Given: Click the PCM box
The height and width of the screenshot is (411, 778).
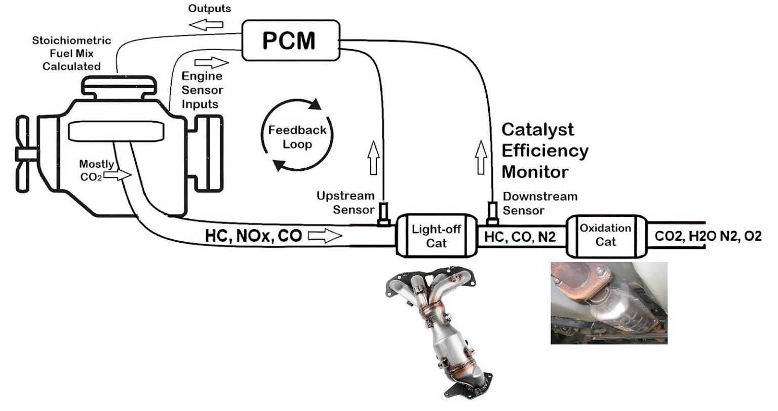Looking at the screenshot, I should tap(290, 41).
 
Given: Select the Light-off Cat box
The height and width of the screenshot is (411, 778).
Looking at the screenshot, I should tap(436, 236).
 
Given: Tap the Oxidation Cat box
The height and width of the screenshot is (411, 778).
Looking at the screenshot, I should tap(605, 235).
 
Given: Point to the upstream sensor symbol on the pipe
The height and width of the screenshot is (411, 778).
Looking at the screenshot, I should tap(383, 214).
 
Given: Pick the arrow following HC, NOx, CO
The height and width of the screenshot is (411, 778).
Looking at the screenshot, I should tap(325, 236).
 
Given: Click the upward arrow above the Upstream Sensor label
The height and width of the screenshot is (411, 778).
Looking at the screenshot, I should tap(373, 157).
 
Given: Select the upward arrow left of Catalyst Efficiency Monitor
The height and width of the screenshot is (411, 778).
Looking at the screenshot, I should tap(481, 157).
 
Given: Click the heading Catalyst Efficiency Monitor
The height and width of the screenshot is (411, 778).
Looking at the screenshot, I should tap(544, 151).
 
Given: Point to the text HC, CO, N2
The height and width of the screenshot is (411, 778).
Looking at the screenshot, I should tap(521, 236).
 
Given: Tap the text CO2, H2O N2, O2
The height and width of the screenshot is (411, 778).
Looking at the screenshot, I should tap(708, 236).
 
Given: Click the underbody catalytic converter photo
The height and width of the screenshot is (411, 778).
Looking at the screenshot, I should tap(609, 303).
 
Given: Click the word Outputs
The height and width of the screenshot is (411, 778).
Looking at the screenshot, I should tap(209, 9).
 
